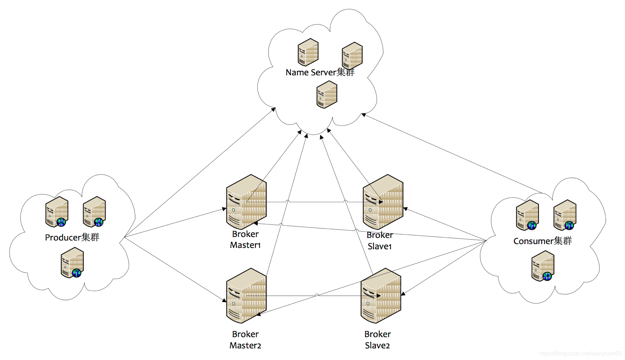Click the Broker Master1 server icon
point(246,202)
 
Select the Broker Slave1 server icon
point(383,202)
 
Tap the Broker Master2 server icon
point(246,296)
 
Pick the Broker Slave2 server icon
point(381,296)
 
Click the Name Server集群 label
point(320,72)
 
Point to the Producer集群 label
point(72,237)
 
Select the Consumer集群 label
point(543,241)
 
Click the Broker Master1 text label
point(245,239)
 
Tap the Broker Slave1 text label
point(380,241)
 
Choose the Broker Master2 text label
point(245,340)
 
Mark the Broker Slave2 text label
point(377,340)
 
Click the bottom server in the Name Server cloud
point(327,94)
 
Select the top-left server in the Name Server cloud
point(308,52)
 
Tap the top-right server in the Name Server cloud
point(352,55)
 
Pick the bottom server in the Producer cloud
point(72,263)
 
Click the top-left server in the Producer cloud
point(57,212)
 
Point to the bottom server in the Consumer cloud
point(543,266)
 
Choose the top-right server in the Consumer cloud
point(565,215)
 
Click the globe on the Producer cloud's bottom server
point(77,273)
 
